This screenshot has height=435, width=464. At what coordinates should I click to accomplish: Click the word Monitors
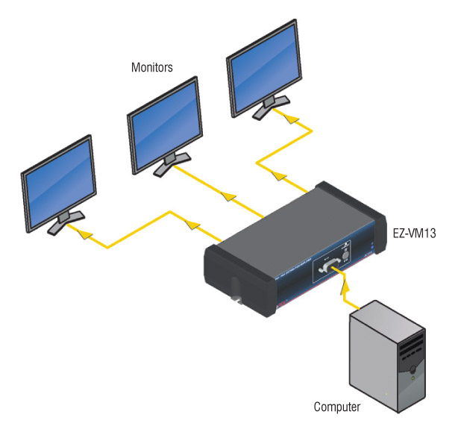152,68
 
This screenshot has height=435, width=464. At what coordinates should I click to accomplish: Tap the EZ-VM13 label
414,234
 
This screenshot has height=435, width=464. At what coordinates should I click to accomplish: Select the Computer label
336,407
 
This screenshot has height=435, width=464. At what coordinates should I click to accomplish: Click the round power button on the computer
413,378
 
